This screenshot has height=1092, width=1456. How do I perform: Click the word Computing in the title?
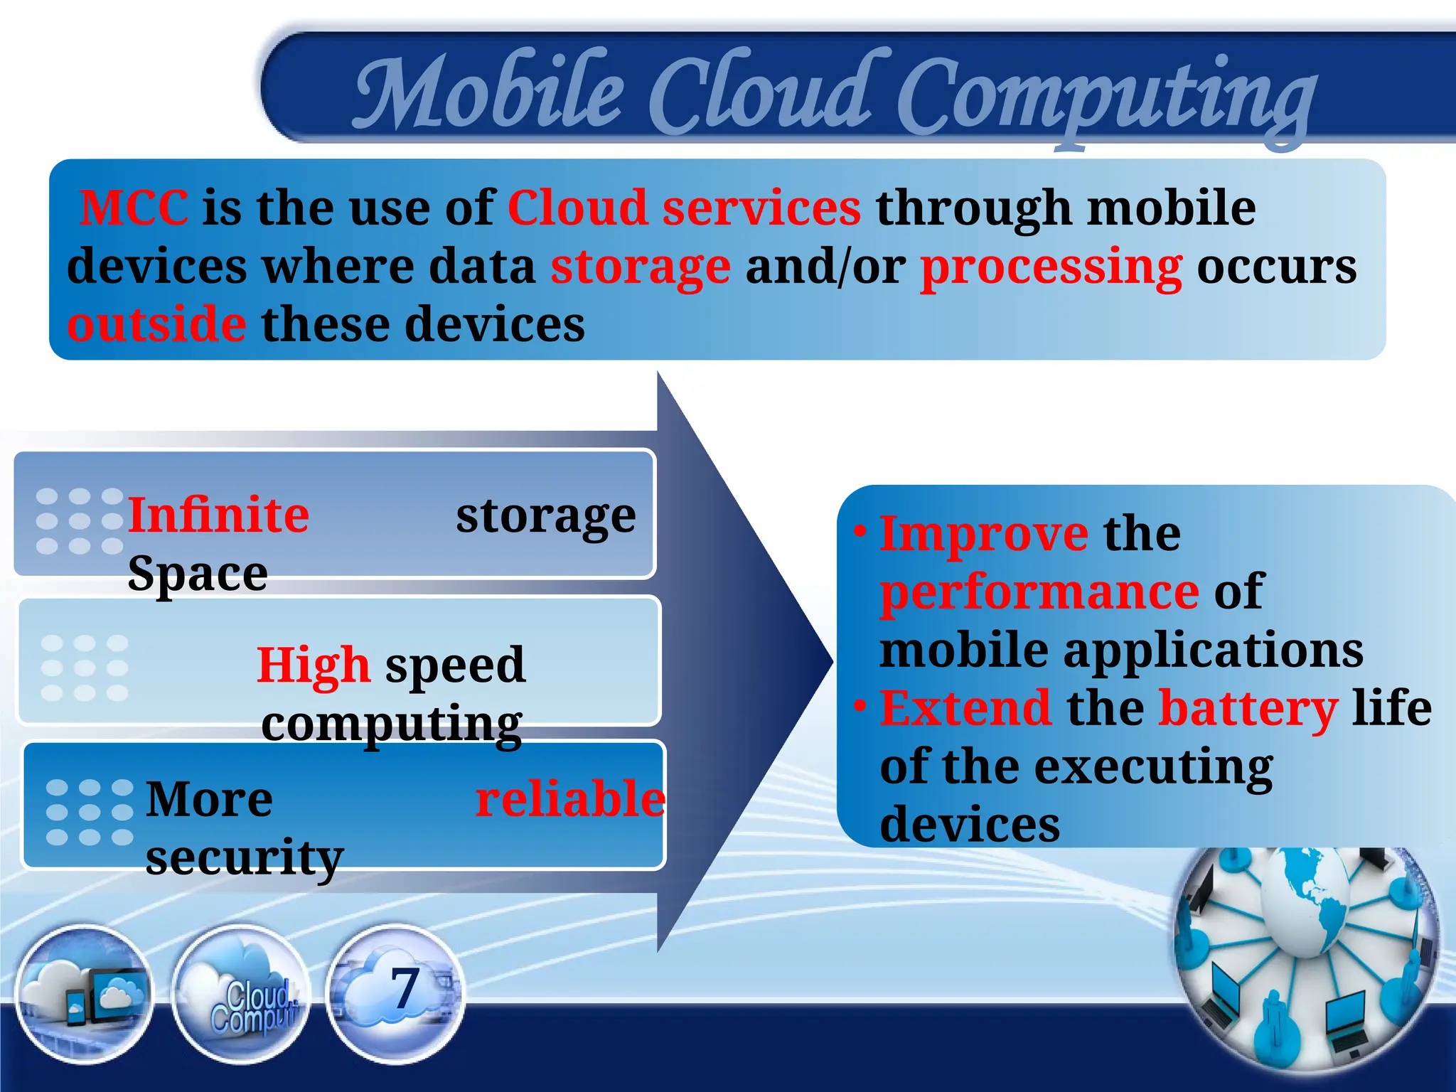pyautogui.click(x=1106, y=96)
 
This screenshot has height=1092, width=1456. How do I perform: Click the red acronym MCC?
pyautogui.click(x=134, y=208)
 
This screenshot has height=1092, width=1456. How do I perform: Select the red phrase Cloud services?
pyautogui.click(x=684, y=208)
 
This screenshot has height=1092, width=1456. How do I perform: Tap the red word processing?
pyautogui.click(x=1051, y=267)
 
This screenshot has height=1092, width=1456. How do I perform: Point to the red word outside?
pyautogui.click(x=156, y=325)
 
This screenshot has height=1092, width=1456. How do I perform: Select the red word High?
pyautogui.click(x=313, y=665)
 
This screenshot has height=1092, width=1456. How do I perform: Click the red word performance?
pyautogui.click(x=1039, y=591)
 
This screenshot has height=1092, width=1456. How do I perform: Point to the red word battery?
pyautogui.click(x=1248, y=709)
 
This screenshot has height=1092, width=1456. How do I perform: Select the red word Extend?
pyautogui.click(x=965, y=709)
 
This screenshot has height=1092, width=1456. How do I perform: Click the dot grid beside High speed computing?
pyautogui.click(x=85, y=668)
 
